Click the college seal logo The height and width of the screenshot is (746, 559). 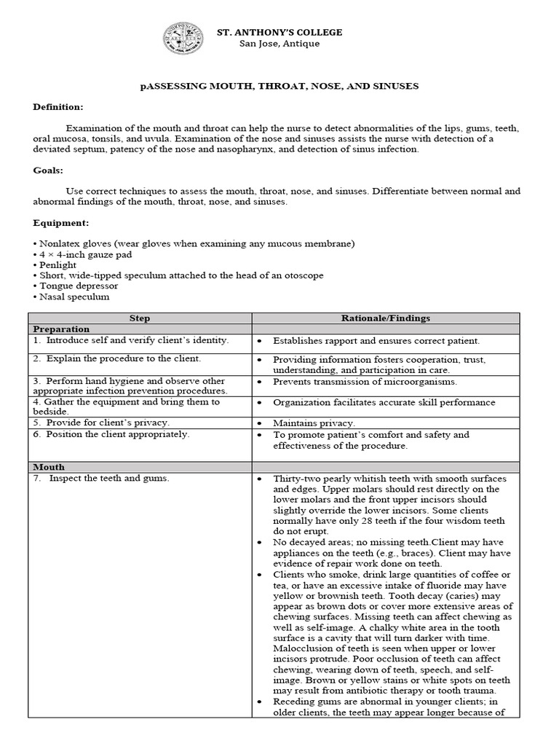pyautogui.click(x=184, y=39)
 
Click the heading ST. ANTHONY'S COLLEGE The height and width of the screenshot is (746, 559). pyautogui.click(x=280, y=33)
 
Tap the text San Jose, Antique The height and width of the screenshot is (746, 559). pyautogui.click(x=279, y=44)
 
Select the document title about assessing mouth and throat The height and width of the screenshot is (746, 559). pyautogui.click(x=279, y=86)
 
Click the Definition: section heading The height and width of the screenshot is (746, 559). pyautogui.click(x=58, y=107)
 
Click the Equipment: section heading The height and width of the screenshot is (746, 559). pyautogui.click(x=60, y=222)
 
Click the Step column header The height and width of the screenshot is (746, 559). pyautogui.click(x=140, y=318)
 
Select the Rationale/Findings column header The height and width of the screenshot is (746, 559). pyautogui.click(x=386, y=318)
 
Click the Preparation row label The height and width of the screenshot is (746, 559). pyautogui.click(x=60, y=329)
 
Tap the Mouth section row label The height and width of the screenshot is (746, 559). pyautogui.click(x=48, y=466)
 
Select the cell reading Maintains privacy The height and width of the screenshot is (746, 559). pyautogui.click(x=314, y=423)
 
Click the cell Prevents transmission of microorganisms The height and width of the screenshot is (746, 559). pyautogui.click(x=365, y=382)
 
